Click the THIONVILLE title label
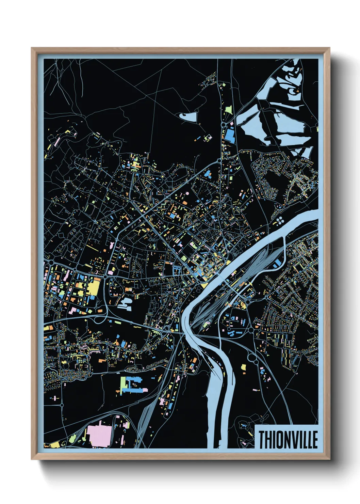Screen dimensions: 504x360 point(288,439)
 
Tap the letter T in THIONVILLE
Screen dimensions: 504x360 point(262,440)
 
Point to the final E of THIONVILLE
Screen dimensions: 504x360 point(315,440)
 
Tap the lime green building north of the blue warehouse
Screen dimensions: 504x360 point(228,110)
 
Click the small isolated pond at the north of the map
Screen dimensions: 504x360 point(188,117)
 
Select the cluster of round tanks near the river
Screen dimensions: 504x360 point(280,221)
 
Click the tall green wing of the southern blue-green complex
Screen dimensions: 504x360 point(123,385)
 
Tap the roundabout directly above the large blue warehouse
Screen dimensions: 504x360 point(223,125)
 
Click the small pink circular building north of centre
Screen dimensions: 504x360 point(187,193)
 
